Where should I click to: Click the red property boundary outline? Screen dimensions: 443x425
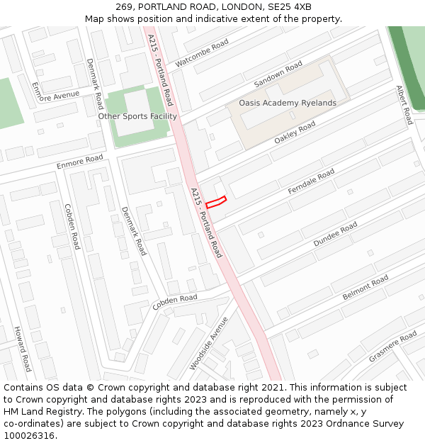[216, 201]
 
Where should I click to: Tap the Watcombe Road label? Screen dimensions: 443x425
[202, 53]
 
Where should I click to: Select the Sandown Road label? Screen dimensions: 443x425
[278, 74]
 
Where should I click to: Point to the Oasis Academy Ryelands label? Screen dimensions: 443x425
[287, 103]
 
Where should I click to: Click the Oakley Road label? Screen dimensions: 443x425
[295, 133]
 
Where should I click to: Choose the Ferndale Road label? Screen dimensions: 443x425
[311, 183]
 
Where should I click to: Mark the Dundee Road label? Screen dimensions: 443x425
[335, 235]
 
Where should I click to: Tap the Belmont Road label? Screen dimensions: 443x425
[365, 287]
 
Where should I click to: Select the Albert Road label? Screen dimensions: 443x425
[404, 106]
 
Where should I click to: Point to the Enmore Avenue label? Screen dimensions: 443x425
[56, 94]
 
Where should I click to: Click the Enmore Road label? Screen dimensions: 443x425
[80, 162]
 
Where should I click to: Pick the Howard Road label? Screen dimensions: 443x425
[23, 349]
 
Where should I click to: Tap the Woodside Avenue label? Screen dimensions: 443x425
[209, 343]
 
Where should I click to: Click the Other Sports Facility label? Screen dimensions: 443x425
[137, 116]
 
